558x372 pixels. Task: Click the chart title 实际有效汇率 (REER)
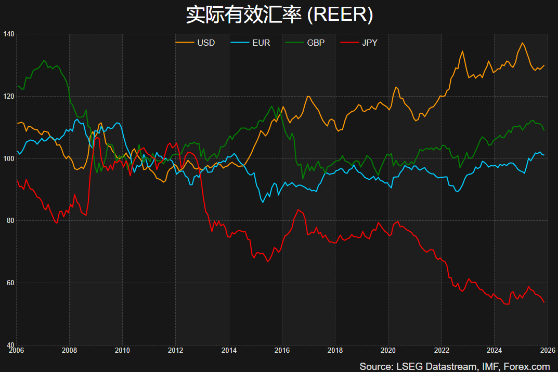279,15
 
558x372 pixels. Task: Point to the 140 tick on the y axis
8,34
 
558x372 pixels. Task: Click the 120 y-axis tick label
8,96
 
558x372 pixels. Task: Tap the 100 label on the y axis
8,158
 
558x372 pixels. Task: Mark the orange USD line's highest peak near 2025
522,43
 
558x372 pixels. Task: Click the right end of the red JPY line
544,302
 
